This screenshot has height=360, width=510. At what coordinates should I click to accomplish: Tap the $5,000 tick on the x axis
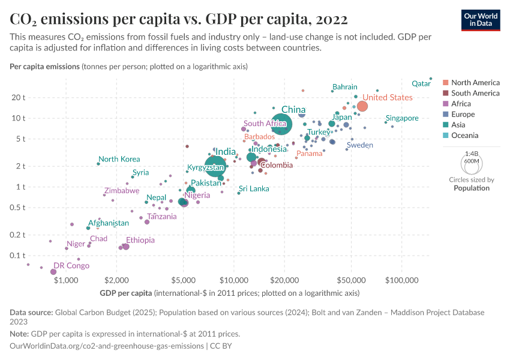pos(183,280)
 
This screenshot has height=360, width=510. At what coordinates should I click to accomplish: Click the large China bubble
pos(281,124)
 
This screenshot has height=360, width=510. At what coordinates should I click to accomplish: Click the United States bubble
pos(362,106)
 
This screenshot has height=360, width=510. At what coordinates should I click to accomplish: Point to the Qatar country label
pos(422,84)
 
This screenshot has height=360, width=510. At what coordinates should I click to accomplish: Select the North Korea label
pos(119,159)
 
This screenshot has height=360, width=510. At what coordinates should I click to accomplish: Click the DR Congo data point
pos(53,272)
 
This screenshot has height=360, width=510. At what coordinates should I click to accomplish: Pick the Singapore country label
pos(402,118)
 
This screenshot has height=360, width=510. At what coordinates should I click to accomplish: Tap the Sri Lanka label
pos(254,188)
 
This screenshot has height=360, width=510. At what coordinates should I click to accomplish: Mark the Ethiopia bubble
pos(126,247)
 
